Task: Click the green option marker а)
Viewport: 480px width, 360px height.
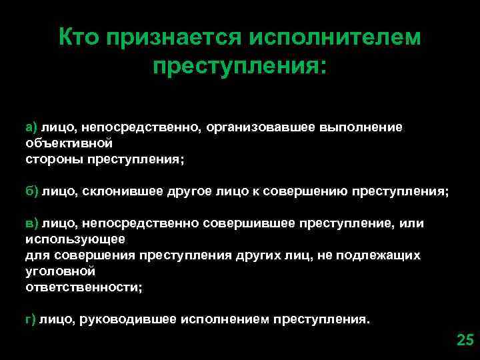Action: pos(33,127)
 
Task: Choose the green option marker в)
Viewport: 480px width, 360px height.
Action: pos(33,223)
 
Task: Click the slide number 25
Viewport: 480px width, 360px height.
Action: pos(464,340)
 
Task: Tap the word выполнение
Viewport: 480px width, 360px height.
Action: pos(364,127)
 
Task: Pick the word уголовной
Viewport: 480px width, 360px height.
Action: pos(60,271)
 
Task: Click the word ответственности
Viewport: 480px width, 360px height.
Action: pos(83,287)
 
